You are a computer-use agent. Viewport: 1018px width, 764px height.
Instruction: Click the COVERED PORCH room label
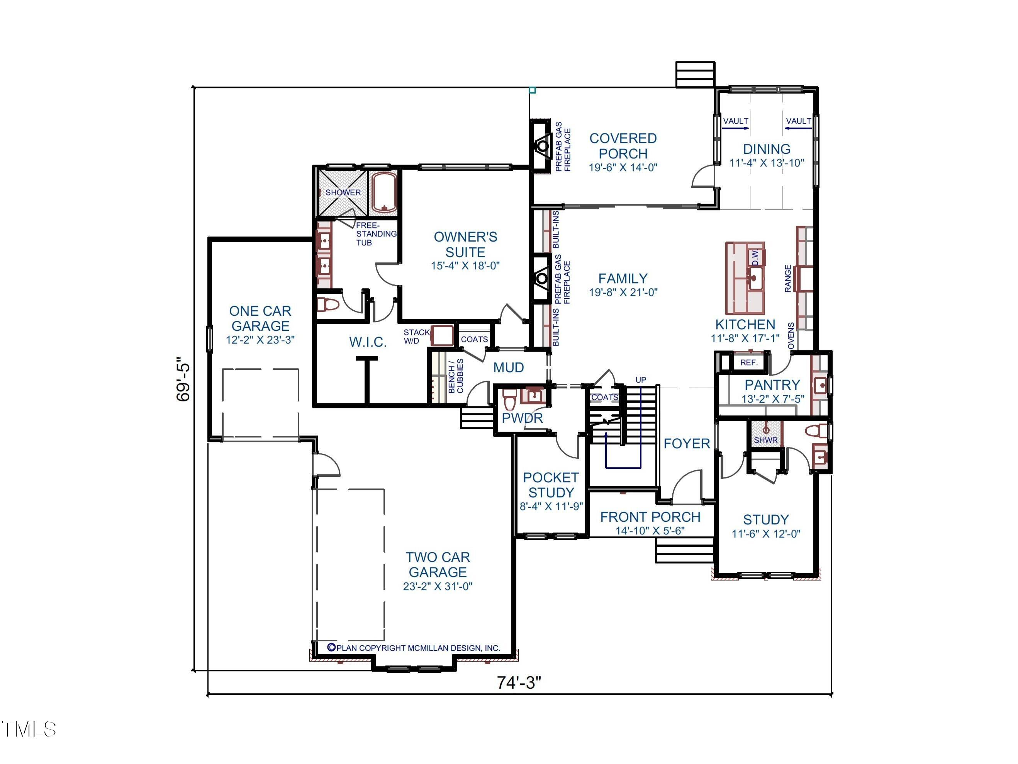pos(623,146)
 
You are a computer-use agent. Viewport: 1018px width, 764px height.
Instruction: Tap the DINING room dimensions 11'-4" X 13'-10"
pos(767,163)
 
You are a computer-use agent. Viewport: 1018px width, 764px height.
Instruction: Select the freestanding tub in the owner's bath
pos(384,192)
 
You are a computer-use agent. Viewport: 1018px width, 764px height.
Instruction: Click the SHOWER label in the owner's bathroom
pos(343,192)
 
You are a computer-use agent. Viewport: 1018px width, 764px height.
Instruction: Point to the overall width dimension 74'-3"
pos(519,682)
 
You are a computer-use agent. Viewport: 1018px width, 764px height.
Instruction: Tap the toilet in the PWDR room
pos(509,399)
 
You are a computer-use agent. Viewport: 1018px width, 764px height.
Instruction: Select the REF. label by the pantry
pos(749,362)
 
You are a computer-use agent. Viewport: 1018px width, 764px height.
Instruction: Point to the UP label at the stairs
pos(641,380)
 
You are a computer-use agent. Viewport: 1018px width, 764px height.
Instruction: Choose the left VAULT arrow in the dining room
pos(735,128)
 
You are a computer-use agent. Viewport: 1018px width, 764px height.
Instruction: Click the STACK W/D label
pos(416,336)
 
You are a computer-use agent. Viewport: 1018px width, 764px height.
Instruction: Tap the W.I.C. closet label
pos(368,342)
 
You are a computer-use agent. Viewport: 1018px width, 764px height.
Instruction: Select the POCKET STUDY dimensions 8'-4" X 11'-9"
pos(551,507)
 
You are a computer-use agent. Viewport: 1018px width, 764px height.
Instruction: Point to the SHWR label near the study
pos(765,440)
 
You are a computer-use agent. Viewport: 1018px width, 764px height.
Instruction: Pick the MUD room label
pos(509,368)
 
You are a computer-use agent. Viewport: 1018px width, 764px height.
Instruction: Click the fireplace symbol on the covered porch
pos(543,146)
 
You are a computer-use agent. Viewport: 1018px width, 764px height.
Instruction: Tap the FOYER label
pos(687,444)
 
